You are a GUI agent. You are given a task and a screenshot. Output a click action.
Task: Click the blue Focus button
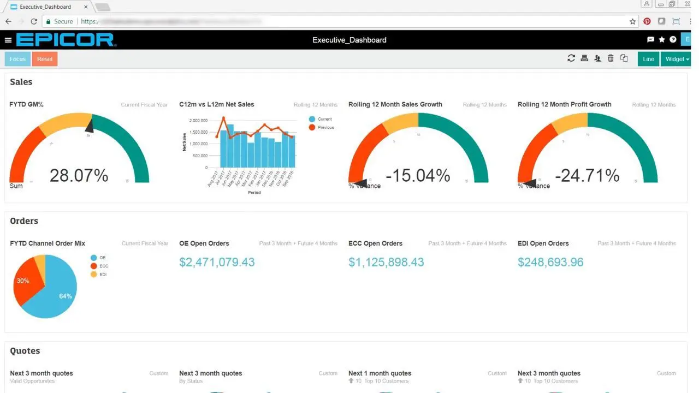coord(17,59)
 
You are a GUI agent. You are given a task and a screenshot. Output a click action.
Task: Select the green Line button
coord(648,59)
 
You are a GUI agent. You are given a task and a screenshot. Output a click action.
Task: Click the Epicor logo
coord(66,40)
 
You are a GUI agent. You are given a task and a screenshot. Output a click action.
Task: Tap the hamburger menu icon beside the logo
coord(8,40)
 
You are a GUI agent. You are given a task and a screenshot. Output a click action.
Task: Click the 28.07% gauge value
coord(79,175)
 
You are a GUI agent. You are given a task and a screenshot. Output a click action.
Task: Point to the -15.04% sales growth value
coord(418,175)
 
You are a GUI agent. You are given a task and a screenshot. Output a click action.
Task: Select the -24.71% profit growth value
coord(587,175)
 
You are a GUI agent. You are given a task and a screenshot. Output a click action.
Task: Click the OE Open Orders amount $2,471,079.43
coord(217,262)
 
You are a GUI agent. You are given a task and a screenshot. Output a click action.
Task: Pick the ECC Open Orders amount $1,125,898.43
coord(386,262)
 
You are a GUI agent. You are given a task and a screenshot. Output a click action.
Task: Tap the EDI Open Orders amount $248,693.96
coord(550,262)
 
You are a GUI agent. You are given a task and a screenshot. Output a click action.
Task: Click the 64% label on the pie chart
coord(66,296)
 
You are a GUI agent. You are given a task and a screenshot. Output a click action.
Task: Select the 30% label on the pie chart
coord(23,281)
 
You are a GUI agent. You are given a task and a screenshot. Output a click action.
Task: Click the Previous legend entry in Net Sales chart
coord(325,127)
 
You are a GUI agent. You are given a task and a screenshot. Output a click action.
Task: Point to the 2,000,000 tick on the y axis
coord(198,120)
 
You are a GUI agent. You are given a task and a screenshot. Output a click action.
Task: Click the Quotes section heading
coord(25,351)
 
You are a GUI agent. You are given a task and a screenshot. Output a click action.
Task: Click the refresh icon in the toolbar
coord(571,58)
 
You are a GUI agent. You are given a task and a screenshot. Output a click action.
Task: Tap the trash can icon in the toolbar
coord(611,58)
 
